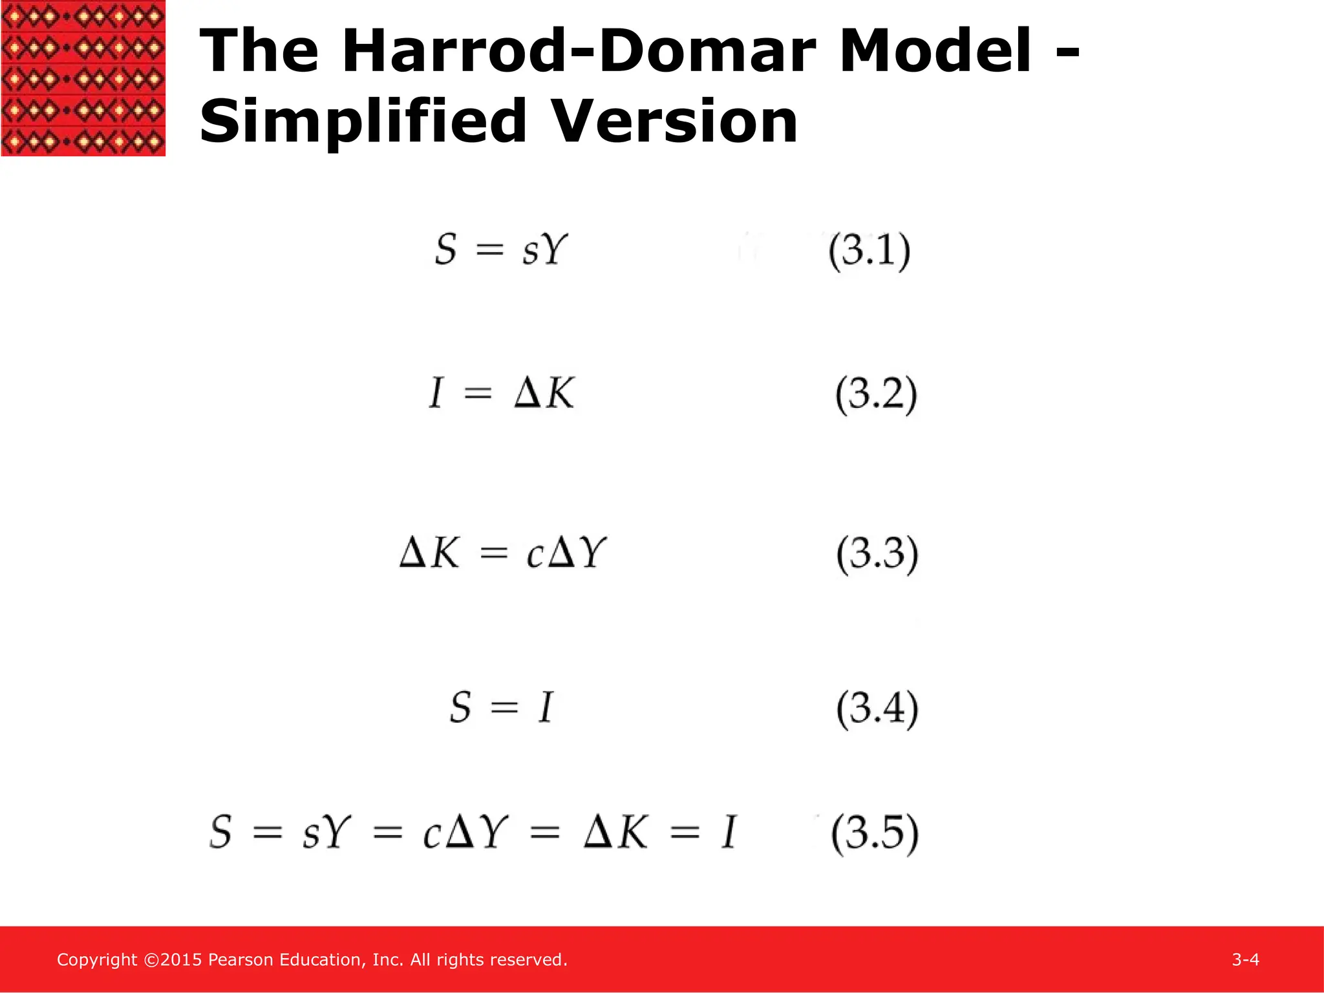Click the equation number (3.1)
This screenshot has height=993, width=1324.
point(870,251)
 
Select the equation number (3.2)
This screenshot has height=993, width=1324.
point(876,394)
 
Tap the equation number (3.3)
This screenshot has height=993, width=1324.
point(877,554)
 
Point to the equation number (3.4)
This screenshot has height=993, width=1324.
point(877,709)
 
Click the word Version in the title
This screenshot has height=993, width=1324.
point(676,122)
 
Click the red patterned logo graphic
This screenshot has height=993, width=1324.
point(83,78)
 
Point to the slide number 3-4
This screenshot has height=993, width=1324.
point(1245,959)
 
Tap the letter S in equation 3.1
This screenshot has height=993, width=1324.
point(446,250)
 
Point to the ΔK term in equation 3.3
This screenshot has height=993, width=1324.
point(429,553)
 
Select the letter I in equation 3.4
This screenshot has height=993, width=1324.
point(546,707)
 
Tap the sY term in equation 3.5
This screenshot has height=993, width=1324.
point(326,833)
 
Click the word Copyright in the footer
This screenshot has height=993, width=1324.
point(97,960)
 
